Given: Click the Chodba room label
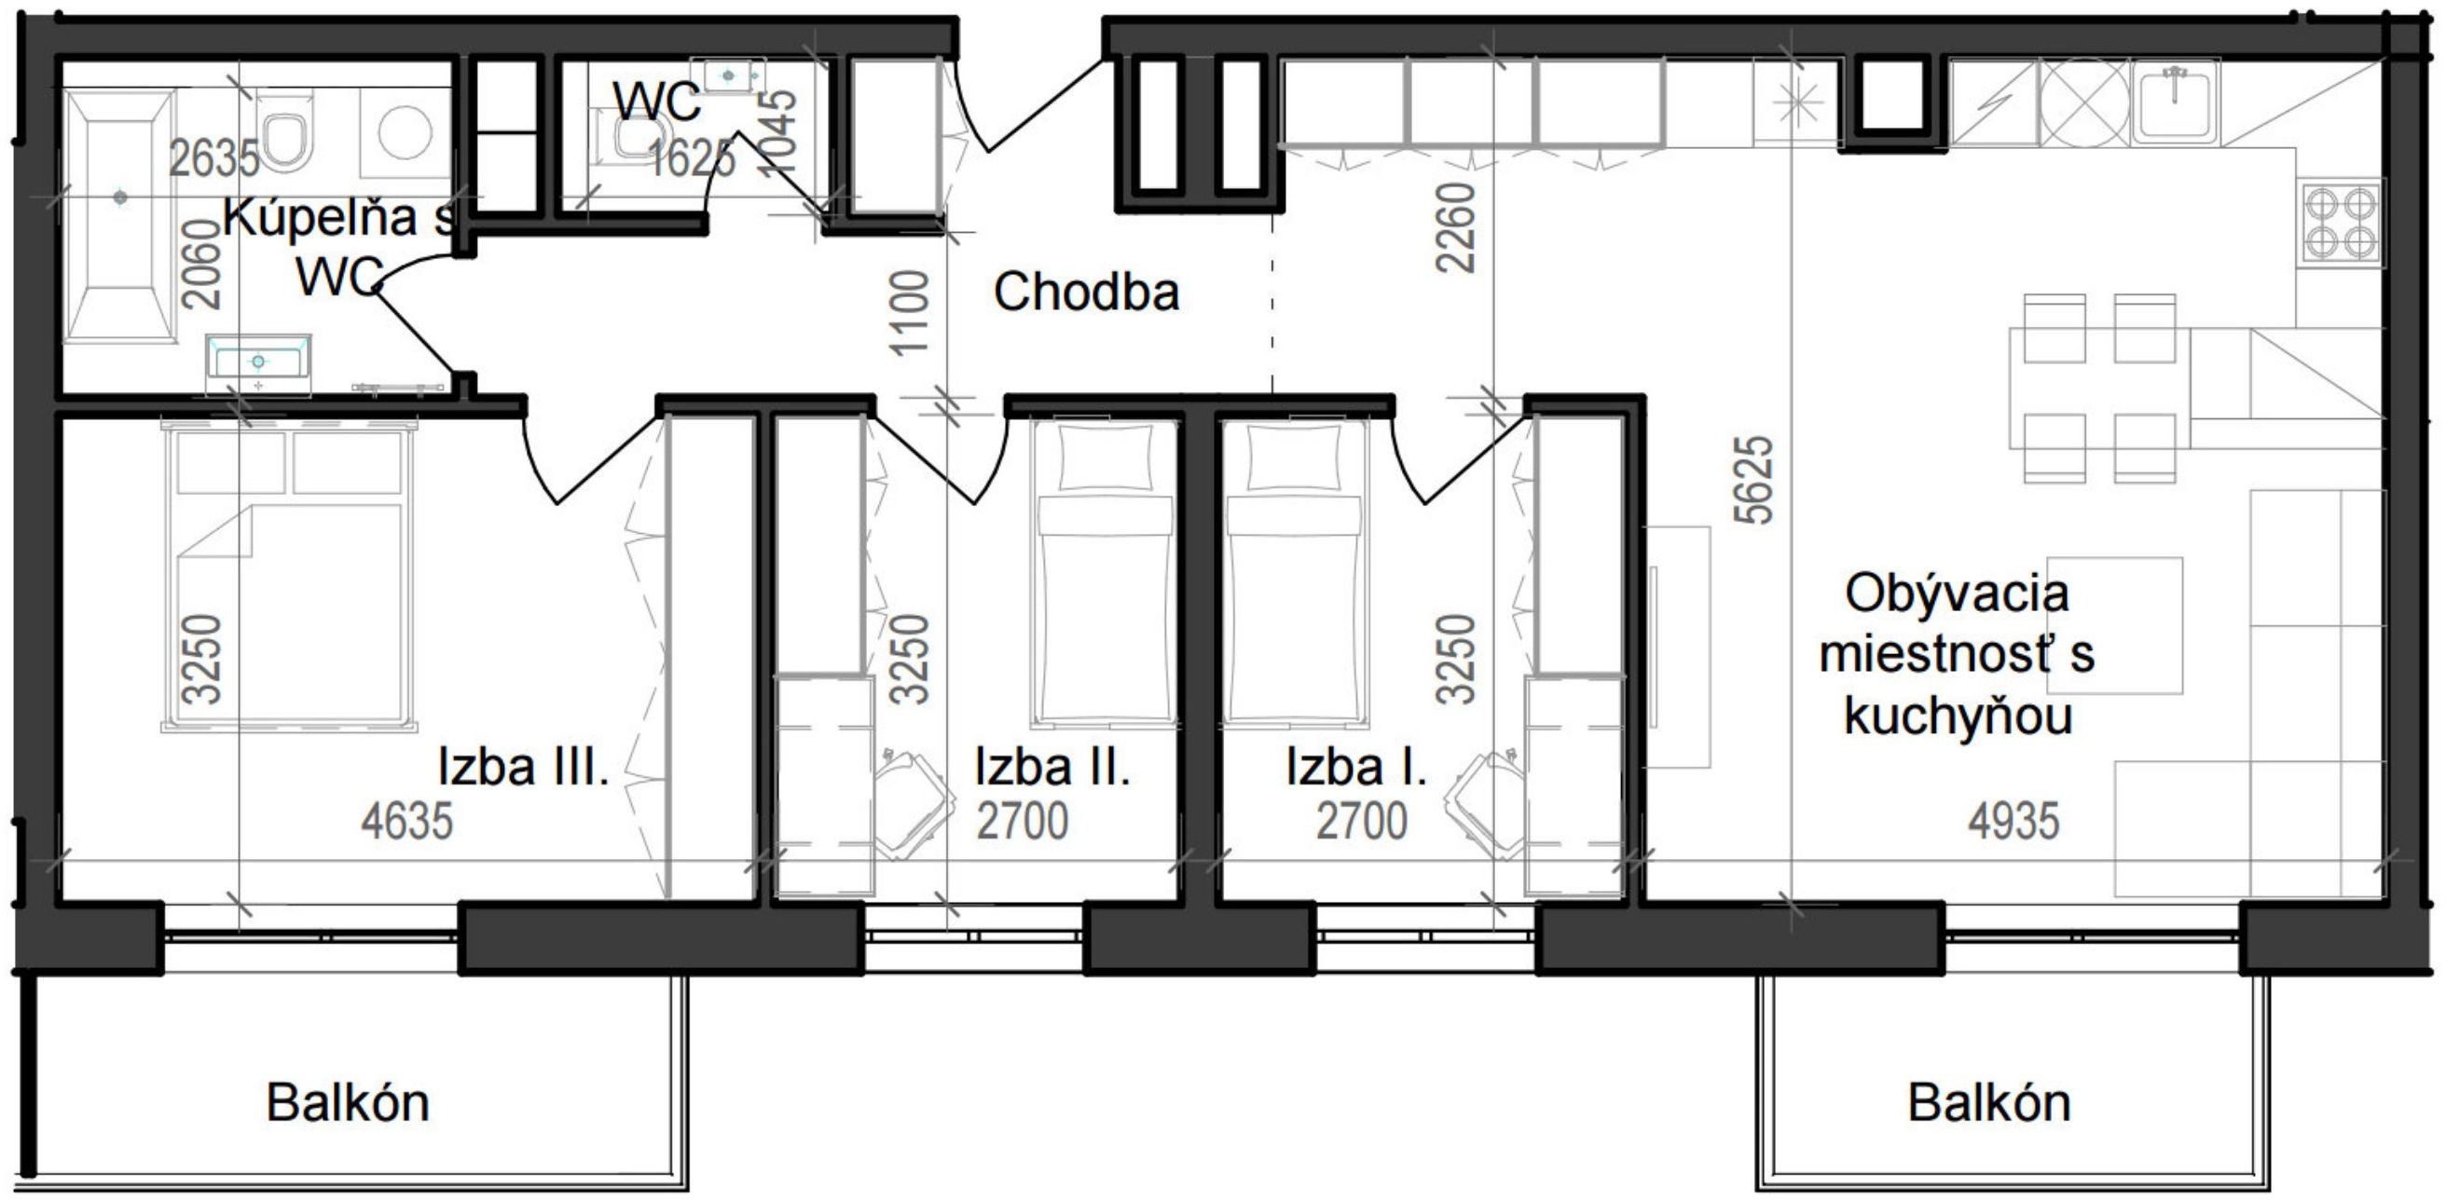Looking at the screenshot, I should click(x=1086, y=293).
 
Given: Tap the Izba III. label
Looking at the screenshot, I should click(x=522, y=767).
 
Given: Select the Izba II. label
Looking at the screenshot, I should click(x=1052, y=767).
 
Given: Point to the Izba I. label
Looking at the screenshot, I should click(x=1356, y=767).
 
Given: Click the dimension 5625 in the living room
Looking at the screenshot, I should click(x=1752, y=480).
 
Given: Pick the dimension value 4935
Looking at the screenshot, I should click(x=2013, y=821).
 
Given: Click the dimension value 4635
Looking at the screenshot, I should click(x=406, y=821).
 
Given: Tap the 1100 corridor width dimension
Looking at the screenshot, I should click(x=909, y=313).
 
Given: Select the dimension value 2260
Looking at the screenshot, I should click(x=1455, y=228).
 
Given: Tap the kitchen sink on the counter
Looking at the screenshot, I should click(x=2175, y=100).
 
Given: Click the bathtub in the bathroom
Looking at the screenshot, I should click(x=119, y=216).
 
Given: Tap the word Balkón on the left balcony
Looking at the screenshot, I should click(x=348, y=1102).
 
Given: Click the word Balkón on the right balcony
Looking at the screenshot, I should click(x=1988, y=1102).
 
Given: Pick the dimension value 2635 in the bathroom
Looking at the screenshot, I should click(x=213, y=158).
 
